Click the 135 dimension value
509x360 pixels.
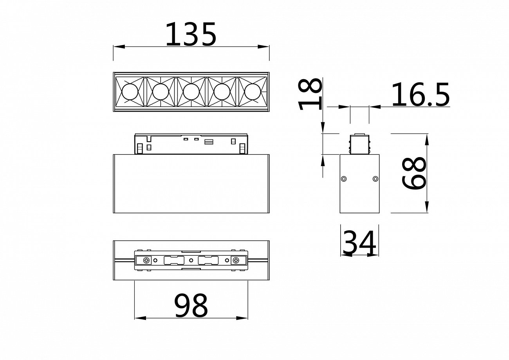[x=191, y=34]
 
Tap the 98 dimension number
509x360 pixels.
[x=191, y=306]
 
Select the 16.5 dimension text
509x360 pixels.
[x=420, y=95]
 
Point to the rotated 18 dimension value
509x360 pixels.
[x=310, y=94]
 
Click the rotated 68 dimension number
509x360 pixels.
[x=414, y=174]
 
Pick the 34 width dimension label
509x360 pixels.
[x=359, y=243]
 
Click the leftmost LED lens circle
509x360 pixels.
[x=130, y=92]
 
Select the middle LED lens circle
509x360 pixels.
[x=191, y=92]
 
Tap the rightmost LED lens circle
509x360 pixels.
[x=253, y=92]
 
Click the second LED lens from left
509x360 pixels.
[x=161, y=92]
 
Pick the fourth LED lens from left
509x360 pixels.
[x=222, y=92]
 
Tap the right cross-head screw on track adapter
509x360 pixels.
[x=236, y=261]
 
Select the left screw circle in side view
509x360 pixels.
[x=344, y=179]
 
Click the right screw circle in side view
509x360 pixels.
[x=375, y=179]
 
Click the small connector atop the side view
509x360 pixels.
[x=359, y=145]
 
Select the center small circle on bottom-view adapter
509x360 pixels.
[x=191, y=261]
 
